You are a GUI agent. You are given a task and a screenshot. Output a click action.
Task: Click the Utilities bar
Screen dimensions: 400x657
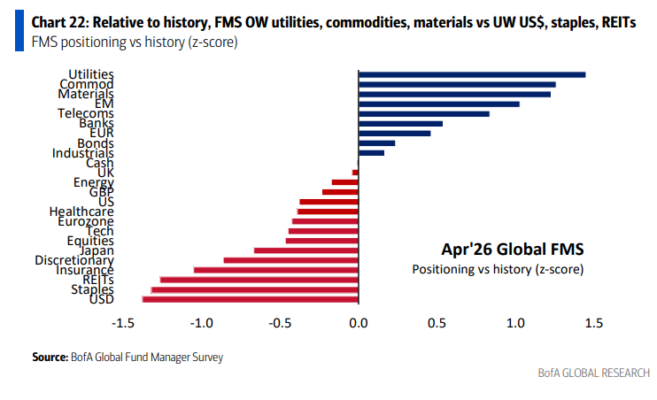coord(471,74)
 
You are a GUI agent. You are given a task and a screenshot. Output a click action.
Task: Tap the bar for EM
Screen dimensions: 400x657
coord(438,104)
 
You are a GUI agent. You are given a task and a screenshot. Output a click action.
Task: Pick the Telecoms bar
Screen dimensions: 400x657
coord(423,114)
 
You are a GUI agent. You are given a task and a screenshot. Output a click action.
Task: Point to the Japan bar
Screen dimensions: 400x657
coord(306,250)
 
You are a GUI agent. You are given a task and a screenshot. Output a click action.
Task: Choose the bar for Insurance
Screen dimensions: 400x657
coord(275,270)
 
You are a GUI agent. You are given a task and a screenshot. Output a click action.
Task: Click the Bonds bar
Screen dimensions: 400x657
coord(376,143)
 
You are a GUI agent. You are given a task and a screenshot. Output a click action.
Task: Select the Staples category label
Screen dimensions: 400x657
coord(91,289)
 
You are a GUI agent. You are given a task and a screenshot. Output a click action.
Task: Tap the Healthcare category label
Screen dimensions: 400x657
coord(81,211)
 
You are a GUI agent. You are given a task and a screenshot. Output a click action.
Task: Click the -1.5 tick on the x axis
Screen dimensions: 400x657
coord(123,323)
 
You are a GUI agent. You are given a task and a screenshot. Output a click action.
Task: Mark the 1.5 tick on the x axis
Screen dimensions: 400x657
coord(593,323)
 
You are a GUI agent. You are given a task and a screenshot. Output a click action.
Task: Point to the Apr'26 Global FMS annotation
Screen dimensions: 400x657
coord(497,248)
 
